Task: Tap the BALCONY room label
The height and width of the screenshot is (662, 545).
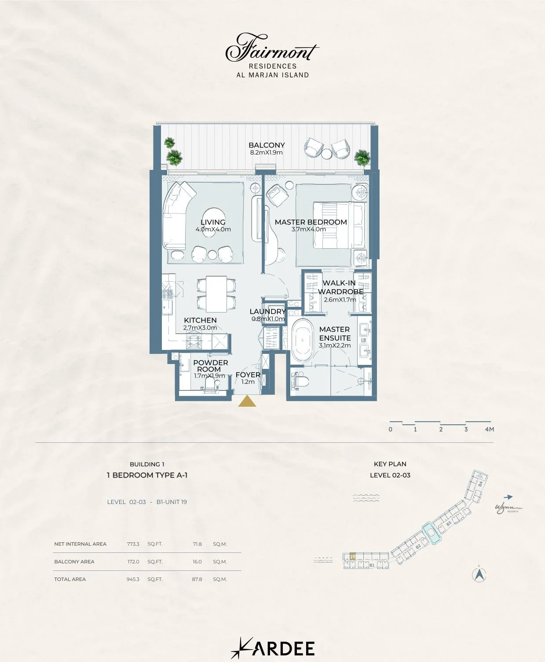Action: coord(267,145)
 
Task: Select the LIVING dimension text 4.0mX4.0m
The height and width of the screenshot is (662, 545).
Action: coord(213,229)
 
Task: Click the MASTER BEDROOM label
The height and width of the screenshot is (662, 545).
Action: coord(311,222)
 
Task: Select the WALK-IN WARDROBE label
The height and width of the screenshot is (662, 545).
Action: coord(340,287)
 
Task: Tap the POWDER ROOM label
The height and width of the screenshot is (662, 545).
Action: coord(210,366)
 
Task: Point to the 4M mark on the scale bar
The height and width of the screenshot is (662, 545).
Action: coord(489,429)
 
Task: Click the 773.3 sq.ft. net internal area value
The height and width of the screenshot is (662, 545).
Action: coord(133,544)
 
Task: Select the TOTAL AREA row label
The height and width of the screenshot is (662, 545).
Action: coord(70,579)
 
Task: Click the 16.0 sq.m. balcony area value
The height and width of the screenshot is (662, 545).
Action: coord(197,562)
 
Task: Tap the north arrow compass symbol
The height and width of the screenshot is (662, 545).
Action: coord(479,574)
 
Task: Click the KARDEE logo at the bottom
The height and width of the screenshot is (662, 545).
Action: coord(273,648)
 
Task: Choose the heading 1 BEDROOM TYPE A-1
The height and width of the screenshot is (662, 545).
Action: coord(147,475)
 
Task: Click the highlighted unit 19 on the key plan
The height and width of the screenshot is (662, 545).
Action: coord(352,557)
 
